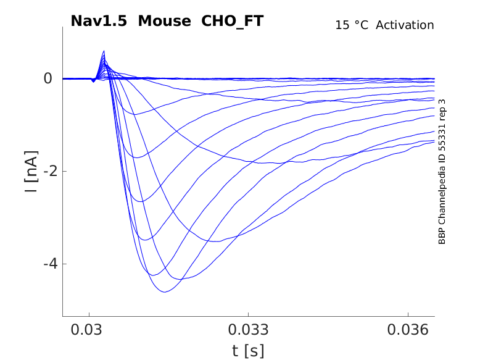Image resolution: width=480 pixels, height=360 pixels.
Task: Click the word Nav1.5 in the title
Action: [x=99, y=21]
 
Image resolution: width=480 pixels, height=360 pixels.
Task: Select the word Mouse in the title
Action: [x=165, y=21]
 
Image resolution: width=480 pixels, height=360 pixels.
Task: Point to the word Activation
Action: [x=405, y=25]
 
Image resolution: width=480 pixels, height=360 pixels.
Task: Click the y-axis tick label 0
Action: [x=48, y=78]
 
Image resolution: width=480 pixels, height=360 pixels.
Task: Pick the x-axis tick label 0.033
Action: [x=248, y=330]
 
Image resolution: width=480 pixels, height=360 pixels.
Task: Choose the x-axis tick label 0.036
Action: [x=408, y=330]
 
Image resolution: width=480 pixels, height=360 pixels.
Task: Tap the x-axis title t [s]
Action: [x=248, y=351]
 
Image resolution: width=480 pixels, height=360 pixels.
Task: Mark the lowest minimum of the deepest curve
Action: [x=164, y=291]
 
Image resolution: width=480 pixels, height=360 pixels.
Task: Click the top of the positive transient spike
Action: [x=104, y=51]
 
